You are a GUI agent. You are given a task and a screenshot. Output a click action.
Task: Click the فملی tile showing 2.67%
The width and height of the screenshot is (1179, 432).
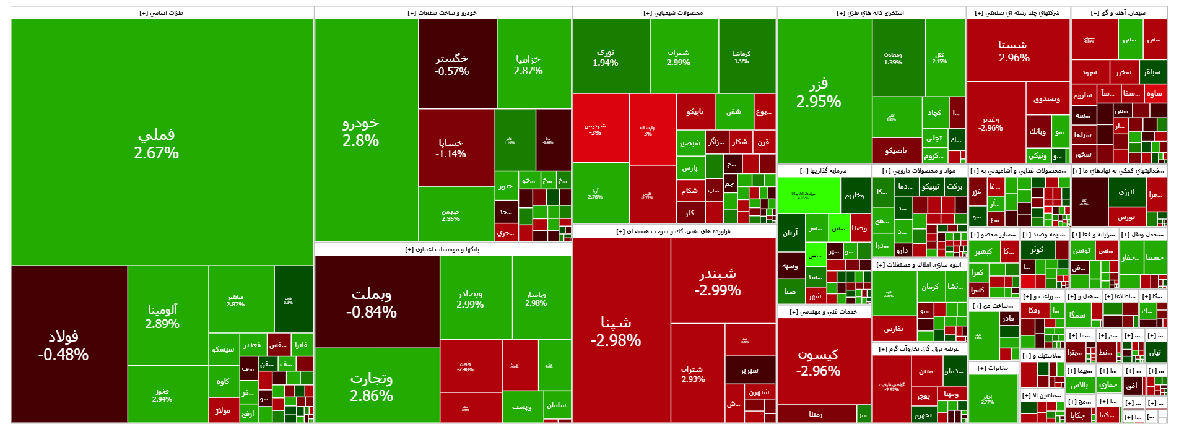tap(157, 144)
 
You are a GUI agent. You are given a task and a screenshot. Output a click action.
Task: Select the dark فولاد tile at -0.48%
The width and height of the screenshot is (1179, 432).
tap(63, 345)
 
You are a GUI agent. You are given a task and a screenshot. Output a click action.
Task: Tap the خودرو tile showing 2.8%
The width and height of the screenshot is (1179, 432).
tap(361, 132)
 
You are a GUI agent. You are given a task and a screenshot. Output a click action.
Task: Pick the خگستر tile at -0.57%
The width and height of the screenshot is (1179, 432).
tap(452, 64)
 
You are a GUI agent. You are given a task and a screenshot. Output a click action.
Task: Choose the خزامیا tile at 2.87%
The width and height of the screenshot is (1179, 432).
tap(528, 64)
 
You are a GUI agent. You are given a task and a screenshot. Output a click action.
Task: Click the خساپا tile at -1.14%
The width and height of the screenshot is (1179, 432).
tap(451, 148)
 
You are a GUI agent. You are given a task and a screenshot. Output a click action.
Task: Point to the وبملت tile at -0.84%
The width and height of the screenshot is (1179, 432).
tap(372, 303)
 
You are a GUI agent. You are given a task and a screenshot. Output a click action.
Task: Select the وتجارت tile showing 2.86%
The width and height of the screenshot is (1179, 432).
tap(372, 386)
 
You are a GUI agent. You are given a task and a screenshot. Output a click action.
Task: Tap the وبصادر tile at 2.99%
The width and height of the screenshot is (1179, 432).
tap(470, 298)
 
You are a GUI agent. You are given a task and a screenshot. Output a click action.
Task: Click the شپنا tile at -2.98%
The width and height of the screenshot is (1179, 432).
tap(616, 330)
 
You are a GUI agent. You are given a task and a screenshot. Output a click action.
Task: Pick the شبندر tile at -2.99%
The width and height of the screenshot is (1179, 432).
tap(718, 282)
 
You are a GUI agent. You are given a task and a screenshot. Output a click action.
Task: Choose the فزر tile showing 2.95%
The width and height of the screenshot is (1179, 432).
tap(819, 93)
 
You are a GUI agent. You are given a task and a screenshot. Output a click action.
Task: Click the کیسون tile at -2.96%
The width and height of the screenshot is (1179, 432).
tap(818, 362)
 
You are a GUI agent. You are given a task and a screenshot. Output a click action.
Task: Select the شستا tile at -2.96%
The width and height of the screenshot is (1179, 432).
tap(1012, 51)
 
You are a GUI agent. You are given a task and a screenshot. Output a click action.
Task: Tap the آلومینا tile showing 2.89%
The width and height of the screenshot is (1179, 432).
tap(162, 316)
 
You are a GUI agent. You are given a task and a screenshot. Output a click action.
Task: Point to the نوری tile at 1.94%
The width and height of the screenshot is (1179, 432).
tap(606, 58)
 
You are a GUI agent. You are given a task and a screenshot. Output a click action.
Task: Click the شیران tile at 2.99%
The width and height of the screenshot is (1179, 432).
tap(679, 58)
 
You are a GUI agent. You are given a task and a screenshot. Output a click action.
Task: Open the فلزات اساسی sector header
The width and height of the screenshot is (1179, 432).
tap(162, 13)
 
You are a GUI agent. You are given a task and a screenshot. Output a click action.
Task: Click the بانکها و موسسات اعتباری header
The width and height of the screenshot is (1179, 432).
tap(442, 249)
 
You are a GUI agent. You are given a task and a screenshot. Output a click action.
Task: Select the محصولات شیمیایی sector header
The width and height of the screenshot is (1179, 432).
tap(673, 13)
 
